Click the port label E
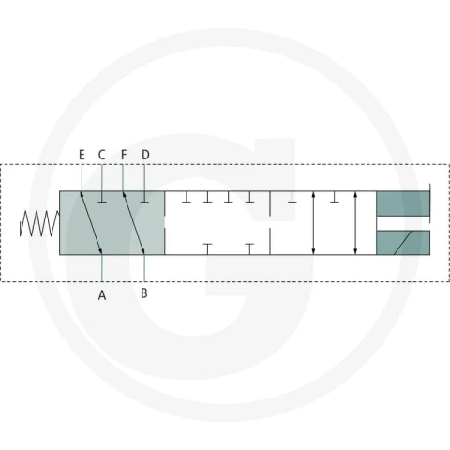coord(82,155)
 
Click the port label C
coord(102,155)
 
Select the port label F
coord(124,155)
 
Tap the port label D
coord(145,155)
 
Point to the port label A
coord(102,295)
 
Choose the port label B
coord(144,293)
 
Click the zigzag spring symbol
coord(39,223)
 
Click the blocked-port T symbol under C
coord(102,197)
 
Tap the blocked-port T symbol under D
coord(144,197)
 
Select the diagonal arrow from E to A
coord(91,223)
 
